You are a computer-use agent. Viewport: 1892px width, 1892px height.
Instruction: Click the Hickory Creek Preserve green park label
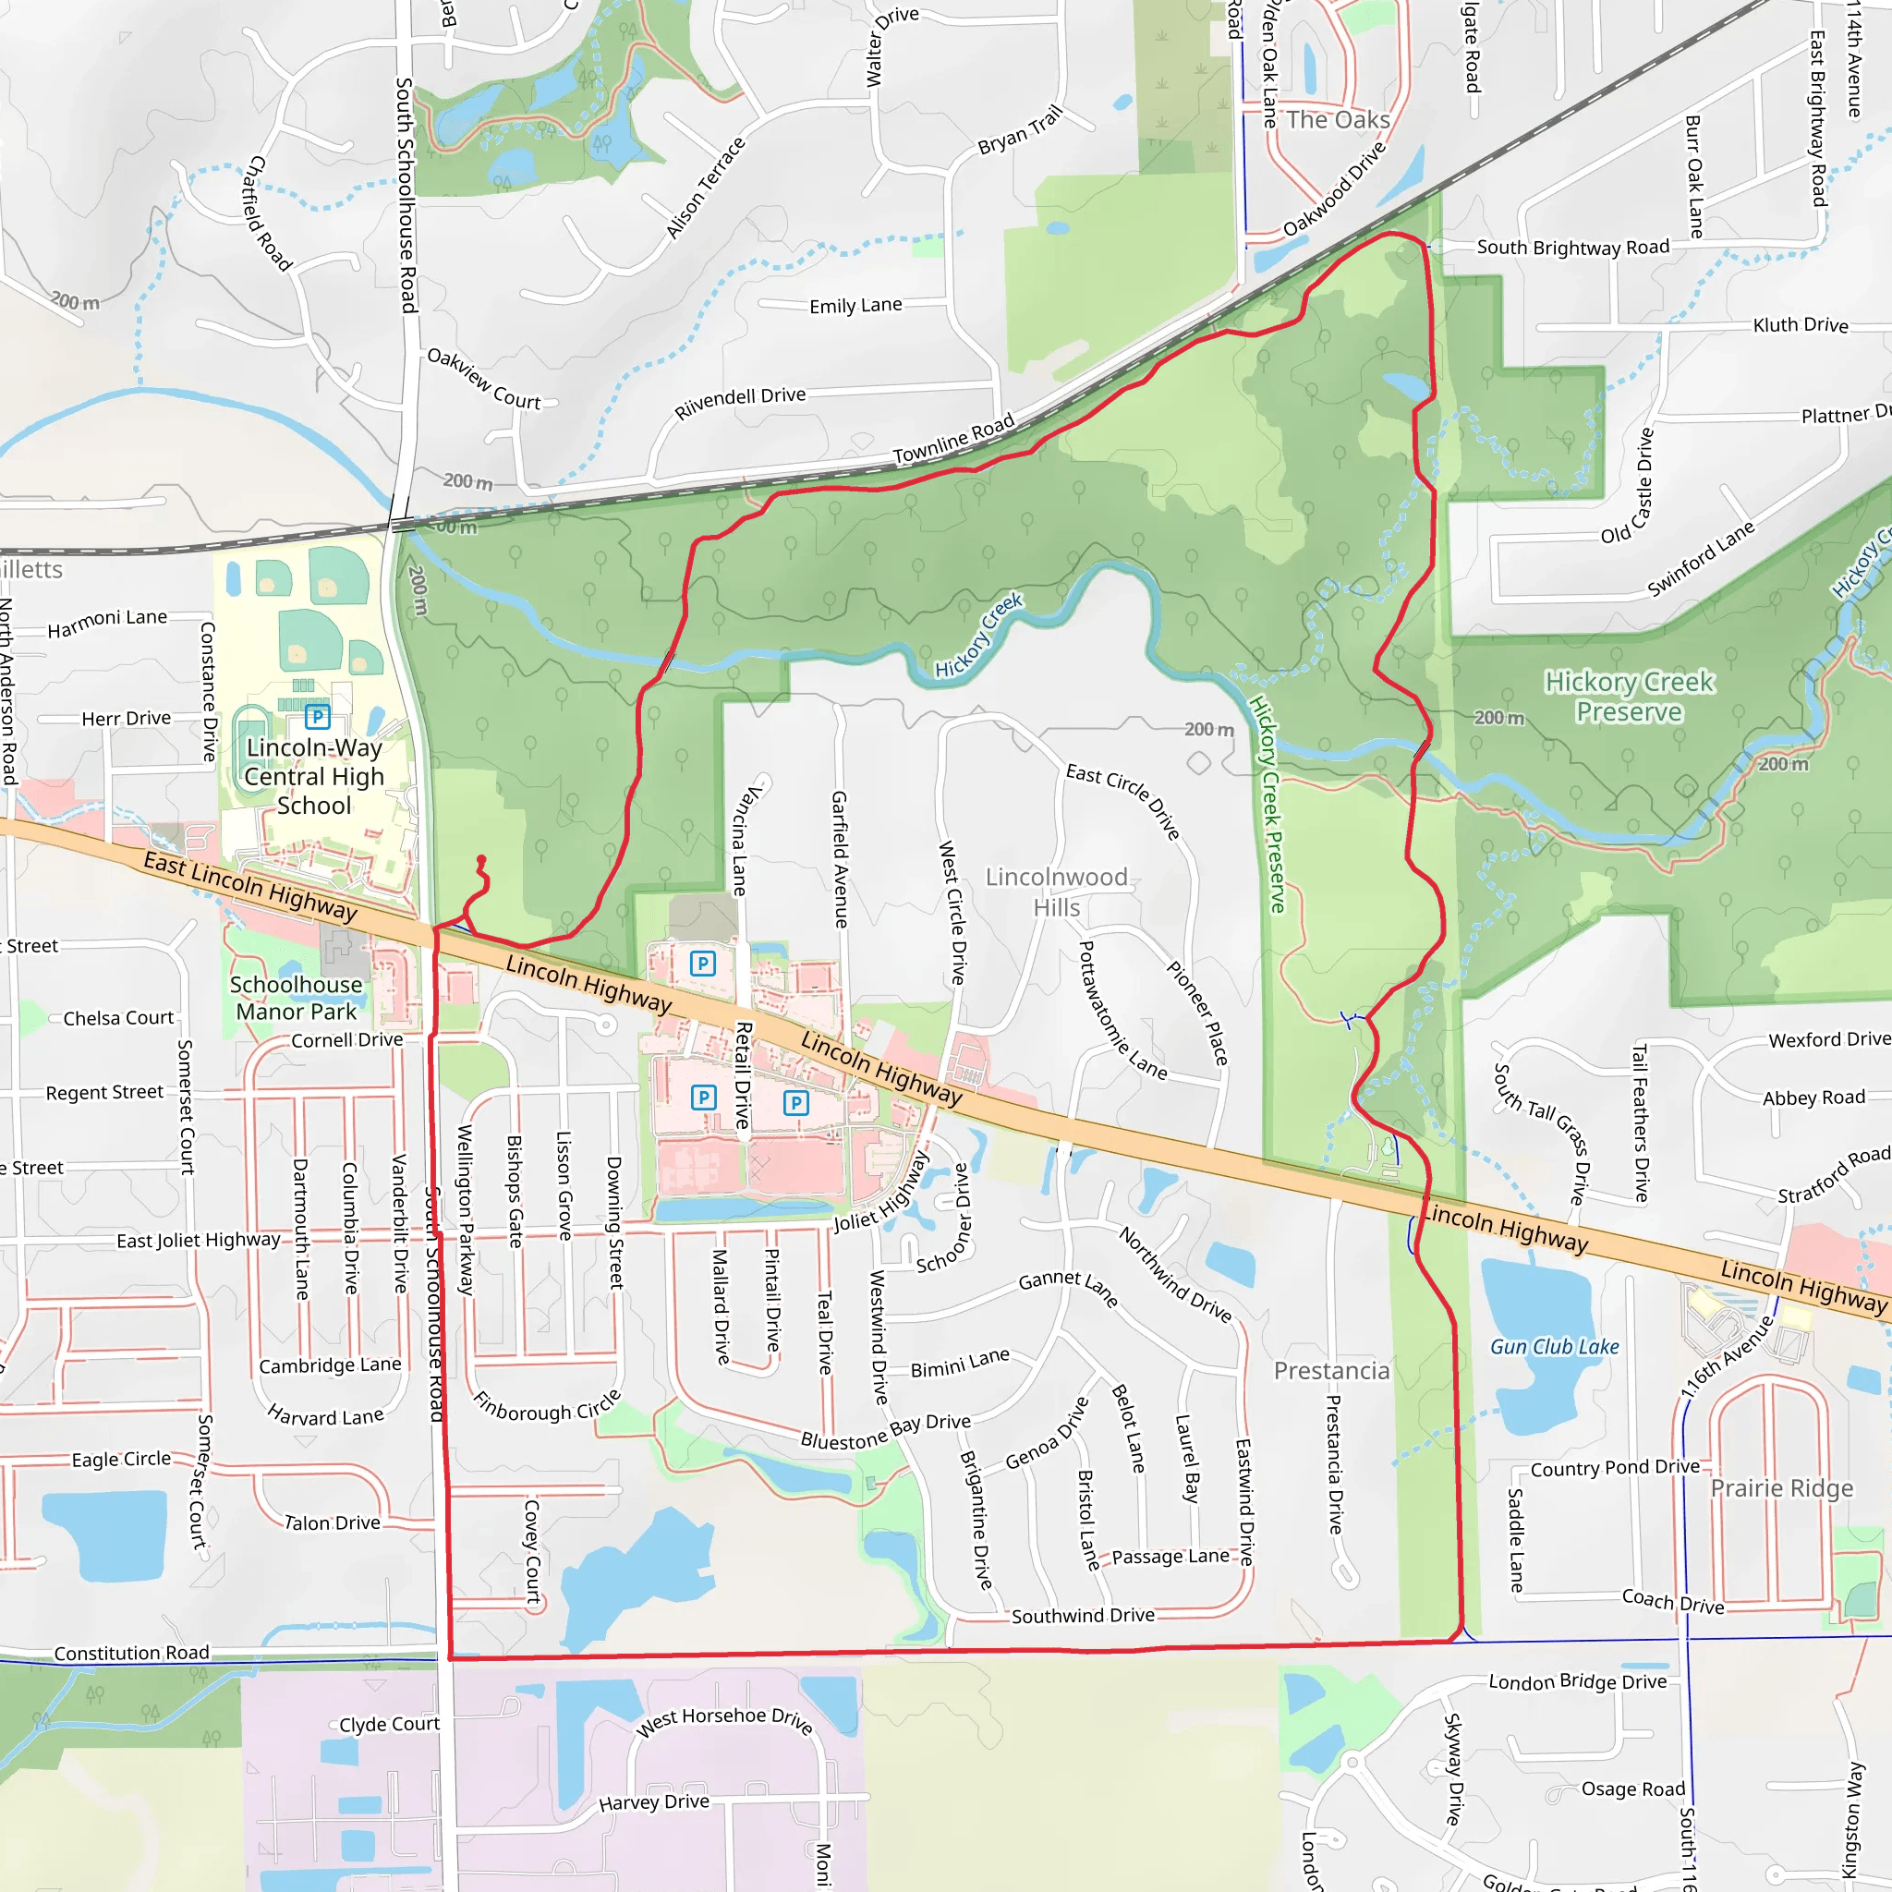click(x=1629, y=697)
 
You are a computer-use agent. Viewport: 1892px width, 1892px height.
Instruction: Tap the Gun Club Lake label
click(x=1554, y=1348)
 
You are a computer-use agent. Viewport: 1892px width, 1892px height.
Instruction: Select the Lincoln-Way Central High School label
click(x=313, y=777)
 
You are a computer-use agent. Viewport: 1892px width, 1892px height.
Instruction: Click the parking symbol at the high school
click(x=317, y=717)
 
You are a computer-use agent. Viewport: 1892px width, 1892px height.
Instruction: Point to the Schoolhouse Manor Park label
click(x=296, y=998)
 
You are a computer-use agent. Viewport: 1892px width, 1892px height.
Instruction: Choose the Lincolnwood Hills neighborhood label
click(x=1057, y=892)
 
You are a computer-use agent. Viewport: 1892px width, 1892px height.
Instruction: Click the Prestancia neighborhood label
click(x=1331, y=1371)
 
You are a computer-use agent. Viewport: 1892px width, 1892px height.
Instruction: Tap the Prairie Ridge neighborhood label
click(x=1781, y=1488)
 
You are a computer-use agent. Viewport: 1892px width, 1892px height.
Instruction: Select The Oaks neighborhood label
click(x=1338, y=120)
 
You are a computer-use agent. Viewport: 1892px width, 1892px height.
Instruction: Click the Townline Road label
click(x=952, y=441)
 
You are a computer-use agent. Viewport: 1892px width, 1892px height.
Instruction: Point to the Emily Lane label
click(x=855, y=306)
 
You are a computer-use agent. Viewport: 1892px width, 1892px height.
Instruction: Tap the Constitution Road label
click(x=131, y=1653)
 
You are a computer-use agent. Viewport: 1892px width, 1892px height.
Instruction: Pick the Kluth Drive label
click(x=1800, y=325)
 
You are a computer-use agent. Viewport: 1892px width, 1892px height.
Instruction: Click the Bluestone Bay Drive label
click(x=885, y=1432)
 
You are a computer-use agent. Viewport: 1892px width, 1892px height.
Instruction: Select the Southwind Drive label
click(x=1082, y=1616)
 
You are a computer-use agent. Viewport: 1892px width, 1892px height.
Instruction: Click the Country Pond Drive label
click(x=1615, y=1468)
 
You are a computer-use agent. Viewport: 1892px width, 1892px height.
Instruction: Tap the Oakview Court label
click(x=484, y=379)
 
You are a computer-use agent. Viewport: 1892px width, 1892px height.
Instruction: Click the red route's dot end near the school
click(x=480, y=860)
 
